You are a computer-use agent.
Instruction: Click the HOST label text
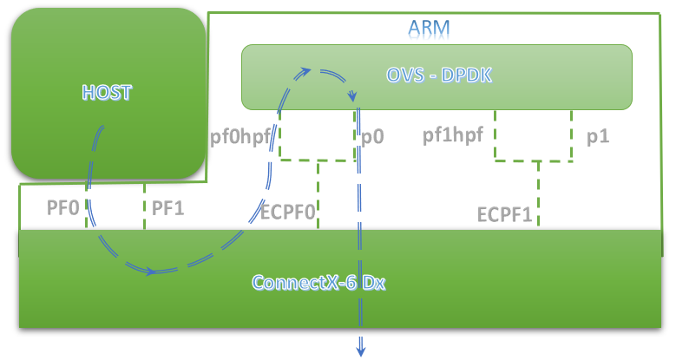pyautogui.click(x=106, y=90)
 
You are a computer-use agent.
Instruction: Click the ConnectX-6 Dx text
pyautogui.click(x=318, y=283)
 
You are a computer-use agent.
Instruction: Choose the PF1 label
pyautogui.click(x=168, y=208)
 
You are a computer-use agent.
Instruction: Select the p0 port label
pyautogui.click(x=374, y=136)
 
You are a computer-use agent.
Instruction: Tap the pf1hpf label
pyautogui.click(x=452, y=135)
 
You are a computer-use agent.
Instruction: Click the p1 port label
pyautogui.click(x=597, y=136)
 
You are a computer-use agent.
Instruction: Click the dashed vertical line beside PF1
pyautogui.click(x=144, y=208)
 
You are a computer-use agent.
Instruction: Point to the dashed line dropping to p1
pyautogui.click(x=572, y=134)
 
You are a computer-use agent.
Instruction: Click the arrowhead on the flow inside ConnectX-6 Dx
pyautogui.click(x=153, y=272)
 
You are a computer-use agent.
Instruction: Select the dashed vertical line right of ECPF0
pyautogui.click(x=318, y=195)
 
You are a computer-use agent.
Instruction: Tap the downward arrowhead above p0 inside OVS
pyautogui.click(x=352, y=97)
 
